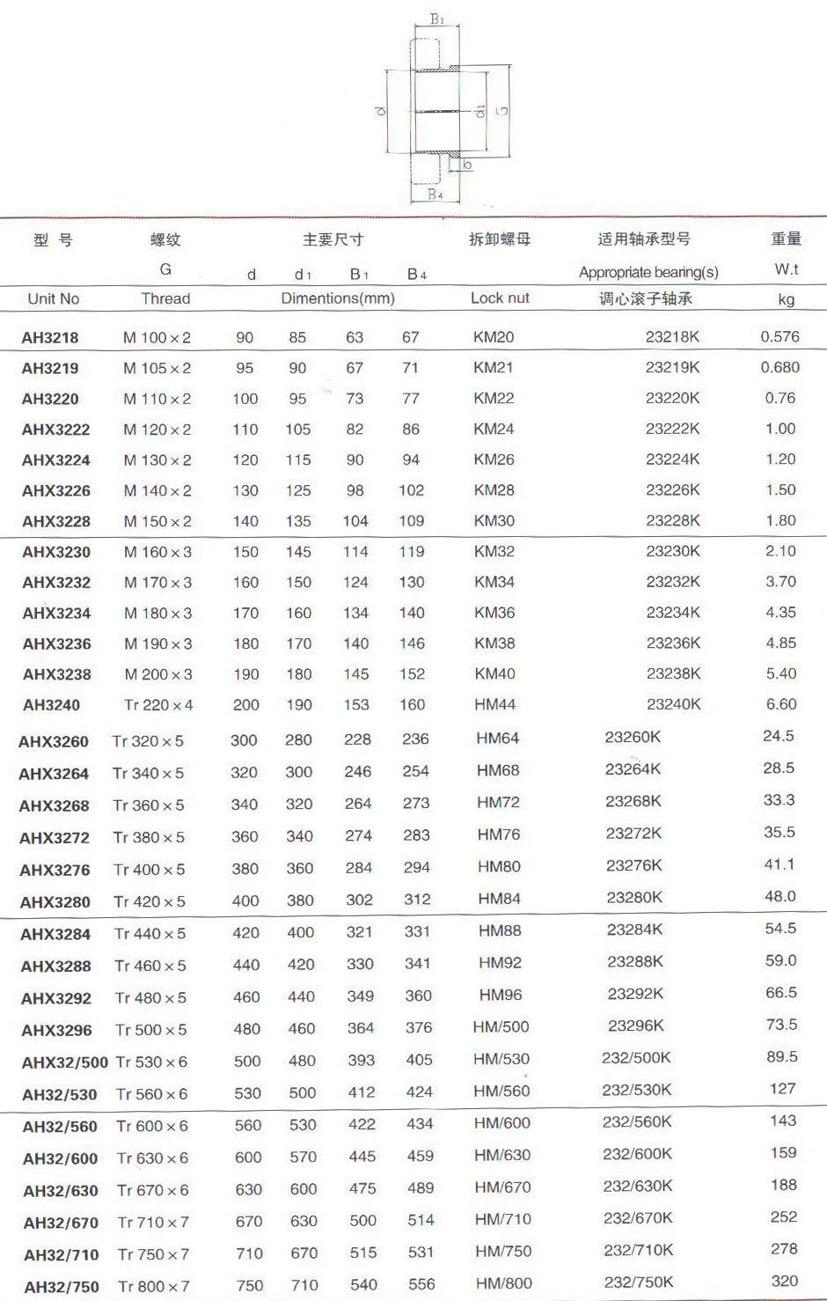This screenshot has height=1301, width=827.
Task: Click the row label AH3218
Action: coord(50,338)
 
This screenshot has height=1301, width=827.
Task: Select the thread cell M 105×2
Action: coord(157,369)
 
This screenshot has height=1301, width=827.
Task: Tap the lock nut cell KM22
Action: coord(494,399)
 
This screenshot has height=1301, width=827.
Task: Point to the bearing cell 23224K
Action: coord(672,459)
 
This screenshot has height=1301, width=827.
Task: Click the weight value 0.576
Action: coord(779,337)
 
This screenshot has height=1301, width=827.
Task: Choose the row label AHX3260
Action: coord(54,742)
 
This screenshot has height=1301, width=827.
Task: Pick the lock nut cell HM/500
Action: coord(501,1027)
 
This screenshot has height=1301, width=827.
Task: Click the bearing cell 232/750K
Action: coord(638,1283)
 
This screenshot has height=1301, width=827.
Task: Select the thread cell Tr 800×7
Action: coord(154,1286)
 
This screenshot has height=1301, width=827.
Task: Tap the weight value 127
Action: coord(782,1089)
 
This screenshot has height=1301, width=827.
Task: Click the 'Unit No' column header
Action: coord(54,299)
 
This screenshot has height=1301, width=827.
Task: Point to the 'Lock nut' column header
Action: coord(500,298)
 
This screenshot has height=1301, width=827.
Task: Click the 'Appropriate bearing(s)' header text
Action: coord(648,273)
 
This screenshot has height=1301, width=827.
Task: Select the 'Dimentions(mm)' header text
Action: coord(338,299)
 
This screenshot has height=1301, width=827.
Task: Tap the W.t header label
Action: coord(786,269)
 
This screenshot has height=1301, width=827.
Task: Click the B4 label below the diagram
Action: coord(435,195)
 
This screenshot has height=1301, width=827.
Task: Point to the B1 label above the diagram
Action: coord(437,19)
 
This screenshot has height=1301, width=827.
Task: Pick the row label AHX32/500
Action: coord(65,1062)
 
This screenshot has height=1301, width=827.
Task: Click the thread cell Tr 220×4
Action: coord(158,705)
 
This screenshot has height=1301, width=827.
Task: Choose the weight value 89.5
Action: coord(781,1057)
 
